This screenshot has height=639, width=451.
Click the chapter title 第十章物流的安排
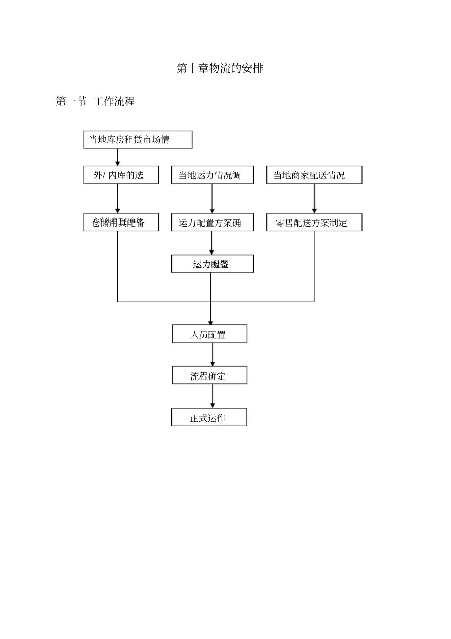pos(219,68)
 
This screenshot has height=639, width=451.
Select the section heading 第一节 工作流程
pos(95,102)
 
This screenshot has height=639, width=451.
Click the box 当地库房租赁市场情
pos(138,140)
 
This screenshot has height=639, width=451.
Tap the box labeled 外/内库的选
pos(121,175)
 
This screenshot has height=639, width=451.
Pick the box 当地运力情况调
pos(212,175)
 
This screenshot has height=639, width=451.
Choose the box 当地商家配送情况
pos(314,175)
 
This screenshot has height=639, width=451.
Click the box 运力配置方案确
pos(212,222)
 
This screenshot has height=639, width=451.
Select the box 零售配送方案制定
pos(314,222)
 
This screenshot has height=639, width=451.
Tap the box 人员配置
pos(209,334)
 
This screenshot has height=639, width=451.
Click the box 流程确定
pos(209,376)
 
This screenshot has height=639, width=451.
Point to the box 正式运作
pos(209,418)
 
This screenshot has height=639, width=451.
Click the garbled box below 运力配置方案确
pos(212,264)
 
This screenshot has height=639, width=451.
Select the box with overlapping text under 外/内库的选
pos(121,222)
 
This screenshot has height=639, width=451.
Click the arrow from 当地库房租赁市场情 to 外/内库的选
pos(118,157)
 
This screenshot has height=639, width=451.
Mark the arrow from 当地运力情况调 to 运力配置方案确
pos(212,199)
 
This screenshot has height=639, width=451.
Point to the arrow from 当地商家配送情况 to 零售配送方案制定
pos(314,199)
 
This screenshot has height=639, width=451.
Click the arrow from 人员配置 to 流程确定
pos(212,354)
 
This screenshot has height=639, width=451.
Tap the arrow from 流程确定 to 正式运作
pos(212,396)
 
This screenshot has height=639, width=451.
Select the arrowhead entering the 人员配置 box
pos(211,323)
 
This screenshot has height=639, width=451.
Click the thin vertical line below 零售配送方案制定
pos(314,266)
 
